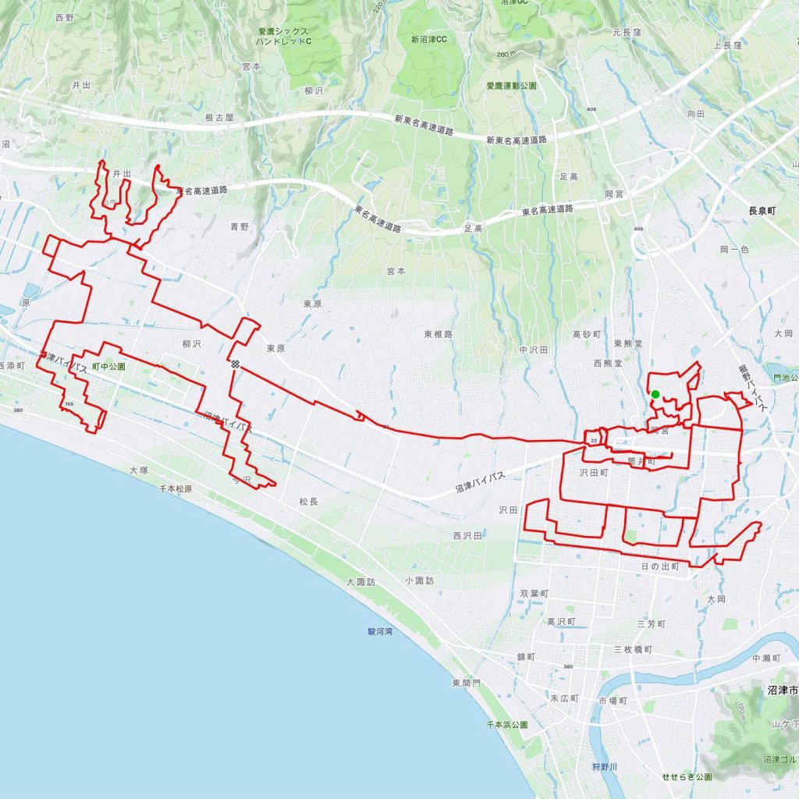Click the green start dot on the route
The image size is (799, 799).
[655, 394]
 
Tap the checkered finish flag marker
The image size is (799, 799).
[234, 364]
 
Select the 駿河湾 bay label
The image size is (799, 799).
[381, 632]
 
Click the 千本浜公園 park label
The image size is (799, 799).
[507, 725]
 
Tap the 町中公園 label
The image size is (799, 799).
[108, 365]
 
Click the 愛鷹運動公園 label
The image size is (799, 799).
[511, 86]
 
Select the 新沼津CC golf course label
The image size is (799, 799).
[429, 39]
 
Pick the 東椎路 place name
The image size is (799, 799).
[439, 334]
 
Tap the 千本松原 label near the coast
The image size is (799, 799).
[176, 488]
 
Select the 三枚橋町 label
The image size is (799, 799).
[632, 649]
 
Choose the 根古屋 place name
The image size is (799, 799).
[219, 117]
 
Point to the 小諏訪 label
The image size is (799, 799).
[419, 581]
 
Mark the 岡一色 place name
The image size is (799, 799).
[734, 249]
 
